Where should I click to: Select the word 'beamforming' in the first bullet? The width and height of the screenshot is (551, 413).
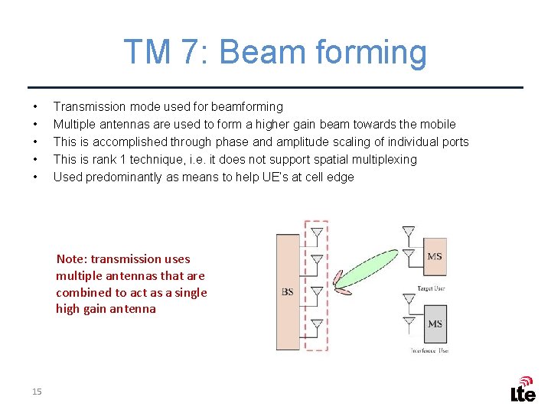[x=247, y=106]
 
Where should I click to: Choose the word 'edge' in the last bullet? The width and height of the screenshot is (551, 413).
[x=340, y=177]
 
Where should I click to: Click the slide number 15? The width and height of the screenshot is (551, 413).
[x=37, y=392]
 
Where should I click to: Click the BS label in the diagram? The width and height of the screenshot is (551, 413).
[x=288, y=291]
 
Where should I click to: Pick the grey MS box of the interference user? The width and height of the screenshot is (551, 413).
[x=435, y=324]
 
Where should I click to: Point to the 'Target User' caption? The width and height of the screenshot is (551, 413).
[x=431, y=288]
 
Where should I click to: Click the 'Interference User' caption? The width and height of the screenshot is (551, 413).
[x=429, y=350]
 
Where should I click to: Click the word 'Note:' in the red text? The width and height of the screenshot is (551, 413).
[x=72, y=259]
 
